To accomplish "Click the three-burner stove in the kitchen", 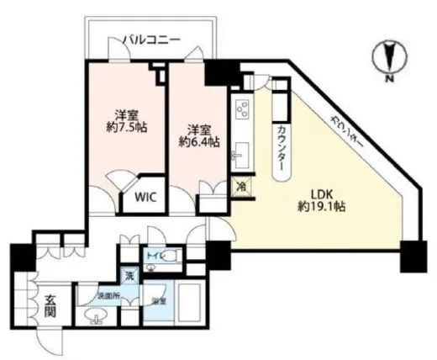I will (x=243, y=109).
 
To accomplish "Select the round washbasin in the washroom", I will (x=94, y=318).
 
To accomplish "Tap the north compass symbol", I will (x=389, y=60).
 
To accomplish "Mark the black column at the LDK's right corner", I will (x=413, y=257).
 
